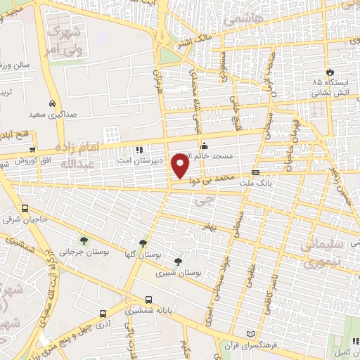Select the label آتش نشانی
tap(328, 92)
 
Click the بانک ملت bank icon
tap(255, 172)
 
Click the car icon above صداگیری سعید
tap(52, 101)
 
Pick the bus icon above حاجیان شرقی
tap(26, 209)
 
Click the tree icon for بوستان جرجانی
tap(84, 240)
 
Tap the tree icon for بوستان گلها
tap(143, 243)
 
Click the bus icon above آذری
tap(103, 314)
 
